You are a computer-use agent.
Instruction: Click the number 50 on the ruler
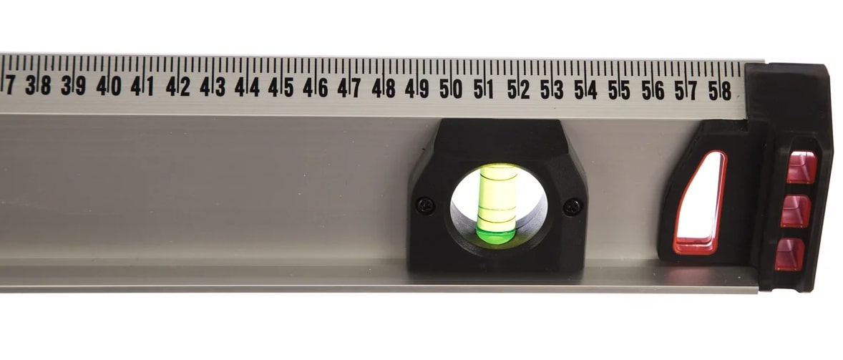(x=451, y=88)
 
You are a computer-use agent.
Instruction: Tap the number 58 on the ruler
(x=720, y=90)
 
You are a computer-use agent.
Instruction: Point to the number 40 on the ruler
(x=109, y=86)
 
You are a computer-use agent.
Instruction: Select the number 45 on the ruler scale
(x=281, y=87)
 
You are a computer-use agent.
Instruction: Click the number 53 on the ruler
(x=552, y=89)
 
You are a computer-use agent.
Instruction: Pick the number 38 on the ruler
(x=38, y=85)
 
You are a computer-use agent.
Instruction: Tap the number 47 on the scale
(x=349, y=87)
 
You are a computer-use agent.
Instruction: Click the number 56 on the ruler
(x=653, y=89)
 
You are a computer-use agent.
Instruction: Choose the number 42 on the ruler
(x=178, y=86)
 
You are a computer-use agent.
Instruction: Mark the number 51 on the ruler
(x=483, y=89)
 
